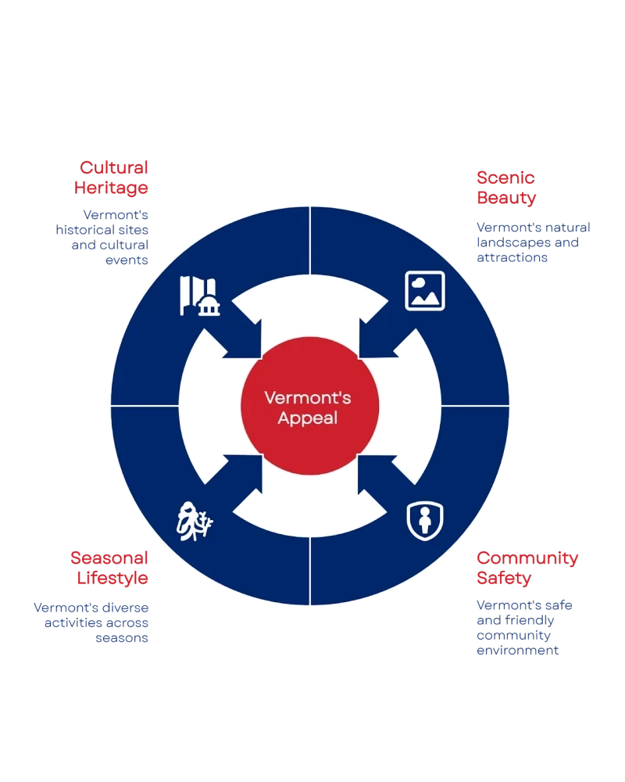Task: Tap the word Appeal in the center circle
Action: tap(308, 418)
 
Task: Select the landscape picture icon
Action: tap(424, 290)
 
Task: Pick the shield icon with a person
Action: tap(424, 519)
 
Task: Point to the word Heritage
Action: tap(111, 188)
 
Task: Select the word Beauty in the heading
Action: tap(505, 198)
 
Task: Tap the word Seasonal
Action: tap(109, 558)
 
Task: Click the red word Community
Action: tap(527, 558)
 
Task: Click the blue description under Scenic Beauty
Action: tap(532, 242)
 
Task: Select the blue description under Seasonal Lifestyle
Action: tap(92, 622)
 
